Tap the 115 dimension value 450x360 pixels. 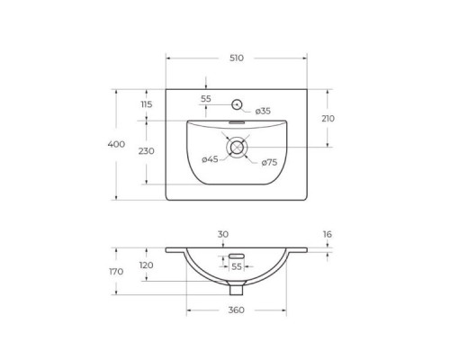tap(147, 105)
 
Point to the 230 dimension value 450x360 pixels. tap(147, 151)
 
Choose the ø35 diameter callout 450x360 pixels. tap(262, 111)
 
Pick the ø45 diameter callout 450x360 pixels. tap(209, 159)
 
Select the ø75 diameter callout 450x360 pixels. tap(268, 162)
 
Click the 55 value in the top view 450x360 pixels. tap(206, 98)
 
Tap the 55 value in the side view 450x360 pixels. tap(237, 267)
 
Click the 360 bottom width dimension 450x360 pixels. tap(236, 310)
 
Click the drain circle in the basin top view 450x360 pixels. tap(238, 148)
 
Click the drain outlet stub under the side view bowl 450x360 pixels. tap(237, 290)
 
